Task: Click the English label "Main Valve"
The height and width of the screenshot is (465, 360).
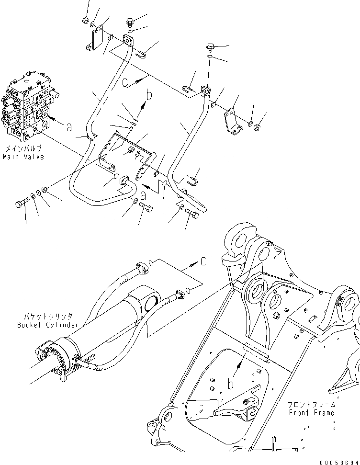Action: click(23, 157)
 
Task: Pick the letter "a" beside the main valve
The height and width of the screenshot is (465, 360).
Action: click(69, 127)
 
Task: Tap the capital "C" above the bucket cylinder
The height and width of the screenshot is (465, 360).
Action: click(203, 261)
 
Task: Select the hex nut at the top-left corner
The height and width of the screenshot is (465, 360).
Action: click(85, 21)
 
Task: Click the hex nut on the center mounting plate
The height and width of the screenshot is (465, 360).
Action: click(130, 152)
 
